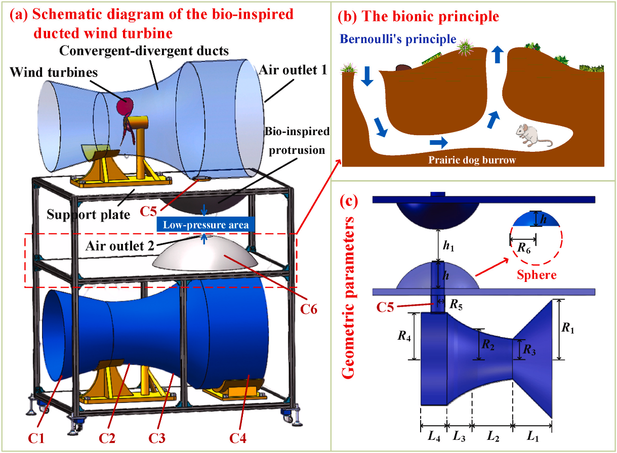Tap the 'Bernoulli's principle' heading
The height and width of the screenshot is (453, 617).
398,39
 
